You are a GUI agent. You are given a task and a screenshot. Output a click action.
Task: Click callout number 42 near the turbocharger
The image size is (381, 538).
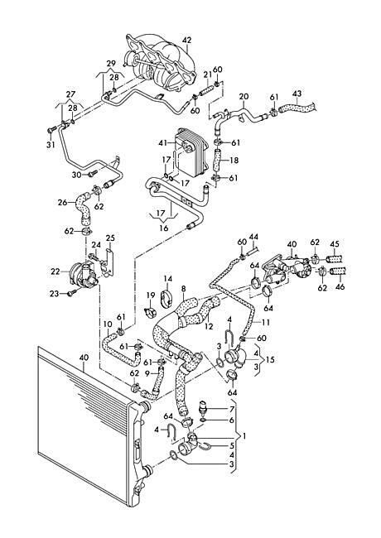(186, 41)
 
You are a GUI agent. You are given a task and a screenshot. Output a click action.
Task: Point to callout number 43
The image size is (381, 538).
(297, 94)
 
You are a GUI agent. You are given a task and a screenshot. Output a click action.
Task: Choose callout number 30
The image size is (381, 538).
(76, 175)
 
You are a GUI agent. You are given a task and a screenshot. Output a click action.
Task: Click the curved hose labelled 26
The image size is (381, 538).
(83, 207)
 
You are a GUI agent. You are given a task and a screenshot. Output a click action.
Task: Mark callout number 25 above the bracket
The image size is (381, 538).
(110, 238)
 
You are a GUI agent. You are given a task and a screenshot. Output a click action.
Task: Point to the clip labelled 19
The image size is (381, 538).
(150, 312)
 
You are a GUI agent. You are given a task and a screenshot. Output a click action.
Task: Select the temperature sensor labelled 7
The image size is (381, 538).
(205, 405)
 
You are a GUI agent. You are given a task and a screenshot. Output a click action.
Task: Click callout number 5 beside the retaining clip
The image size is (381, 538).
(232, 446)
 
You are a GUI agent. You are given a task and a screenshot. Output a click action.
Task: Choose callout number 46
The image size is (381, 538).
(340, 287)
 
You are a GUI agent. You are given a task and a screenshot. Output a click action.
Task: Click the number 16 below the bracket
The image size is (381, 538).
(164, 228)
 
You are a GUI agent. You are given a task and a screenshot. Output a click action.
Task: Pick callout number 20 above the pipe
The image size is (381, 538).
(244, 96)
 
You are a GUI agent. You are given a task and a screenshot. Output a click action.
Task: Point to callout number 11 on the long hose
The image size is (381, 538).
(265, 322)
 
